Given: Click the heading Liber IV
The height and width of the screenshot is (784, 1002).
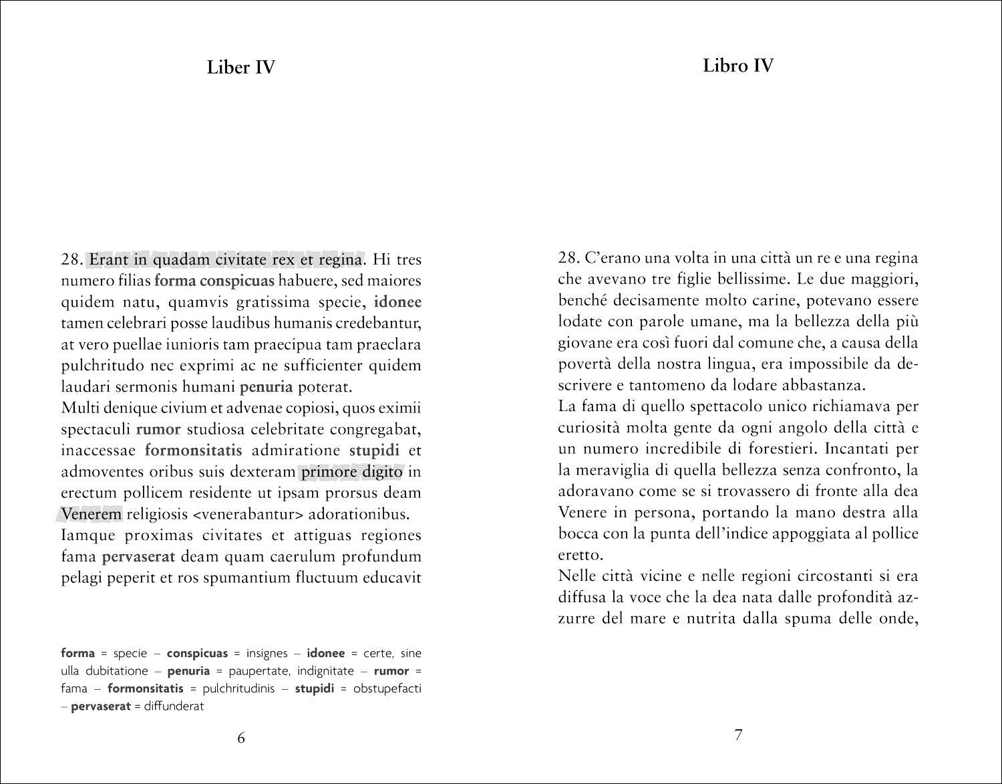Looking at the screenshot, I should pos(240,68).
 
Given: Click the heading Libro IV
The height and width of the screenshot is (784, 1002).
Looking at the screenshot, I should pos(738,66).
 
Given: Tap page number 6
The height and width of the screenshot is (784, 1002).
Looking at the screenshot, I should pos(241,738).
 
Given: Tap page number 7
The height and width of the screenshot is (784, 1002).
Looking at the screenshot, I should pos(738,735).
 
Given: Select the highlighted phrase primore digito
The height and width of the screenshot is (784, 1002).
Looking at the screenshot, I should pos(352,472).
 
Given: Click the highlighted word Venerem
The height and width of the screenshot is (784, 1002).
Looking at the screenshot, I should pos(91,514).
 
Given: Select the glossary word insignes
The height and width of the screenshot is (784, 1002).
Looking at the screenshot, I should pos(267,653).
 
